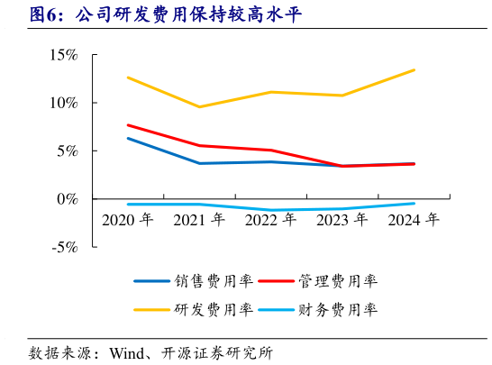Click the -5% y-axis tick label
coord(63,247)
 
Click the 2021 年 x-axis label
coord(199,220)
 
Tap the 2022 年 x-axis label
coord(271,220)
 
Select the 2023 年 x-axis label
coord(342,220)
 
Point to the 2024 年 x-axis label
coord(414,220)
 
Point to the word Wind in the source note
coord(127,351)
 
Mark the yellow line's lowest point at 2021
coord(199,107)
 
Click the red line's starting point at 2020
coord(128,125)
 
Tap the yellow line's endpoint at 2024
coord(415,70)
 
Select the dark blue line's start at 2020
coord(128,138)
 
